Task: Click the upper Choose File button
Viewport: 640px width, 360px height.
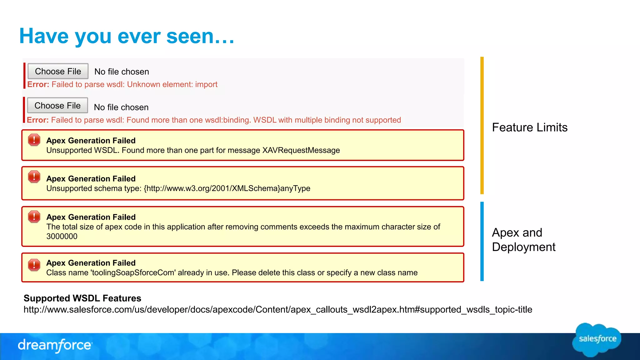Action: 58,71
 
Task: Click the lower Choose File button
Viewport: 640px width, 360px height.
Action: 57,106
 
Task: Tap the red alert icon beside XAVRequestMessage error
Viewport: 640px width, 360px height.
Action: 34,140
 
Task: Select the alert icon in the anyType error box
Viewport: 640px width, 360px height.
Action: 34,177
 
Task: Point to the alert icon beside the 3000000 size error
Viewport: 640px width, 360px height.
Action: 34,217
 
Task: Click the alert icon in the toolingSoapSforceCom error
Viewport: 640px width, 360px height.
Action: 34,265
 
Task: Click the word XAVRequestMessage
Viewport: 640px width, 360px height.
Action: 301,150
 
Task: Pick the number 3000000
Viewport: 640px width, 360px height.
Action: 62,236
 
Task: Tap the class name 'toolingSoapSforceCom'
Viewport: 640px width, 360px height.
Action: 133,273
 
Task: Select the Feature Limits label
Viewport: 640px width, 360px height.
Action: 530,127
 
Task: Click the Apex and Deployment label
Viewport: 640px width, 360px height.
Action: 523,240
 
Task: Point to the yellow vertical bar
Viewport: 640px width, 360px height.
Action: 482,125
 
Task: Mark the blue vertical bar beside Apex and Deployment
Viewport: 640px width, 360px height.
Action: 482,241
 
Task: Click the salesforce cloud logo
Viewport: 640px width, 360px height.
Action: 597,339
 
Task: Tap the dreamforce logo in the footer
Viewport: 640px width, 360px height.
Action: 55,345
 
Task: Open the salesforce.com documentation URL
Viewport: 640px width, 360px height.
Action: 278,310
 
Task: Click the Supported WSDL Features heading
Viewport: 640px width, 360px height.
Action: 82,298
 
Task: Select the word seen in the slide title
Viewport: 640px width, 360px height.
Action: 190,36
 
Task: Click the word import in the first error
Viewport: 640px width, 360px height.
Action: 206,84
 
